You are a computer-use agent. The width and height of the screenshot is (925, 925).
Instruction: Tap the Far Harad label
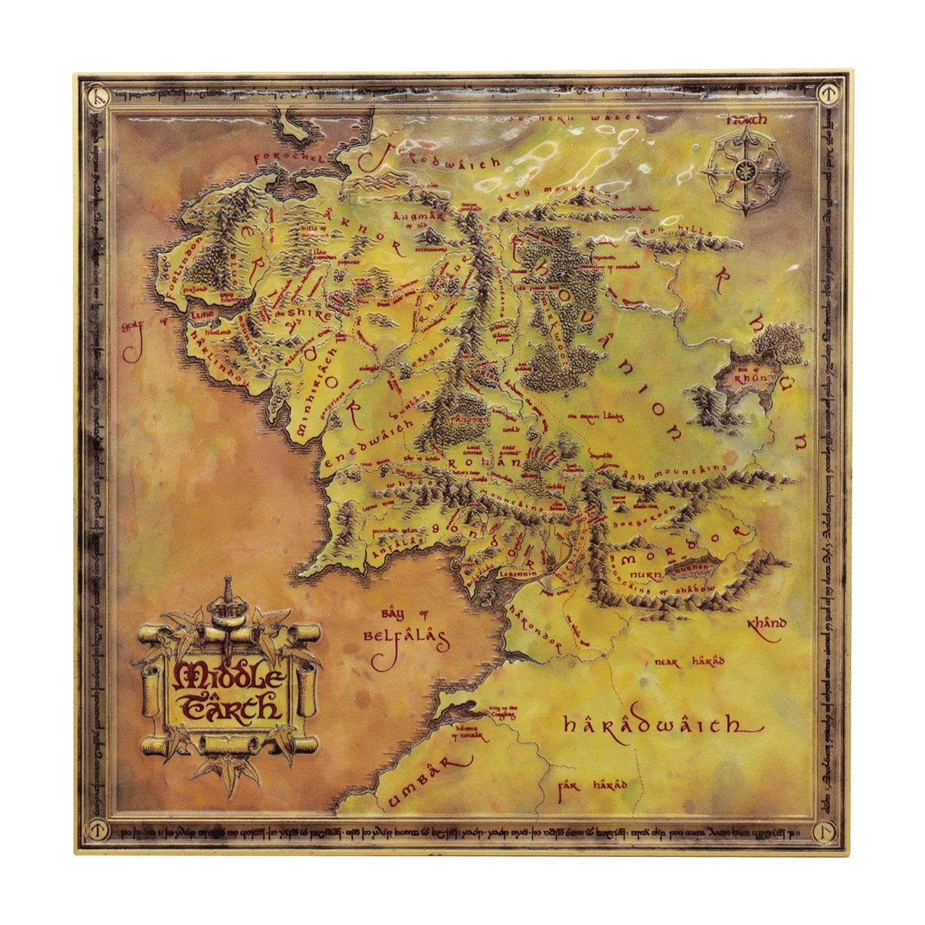[x=592, y=785]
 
